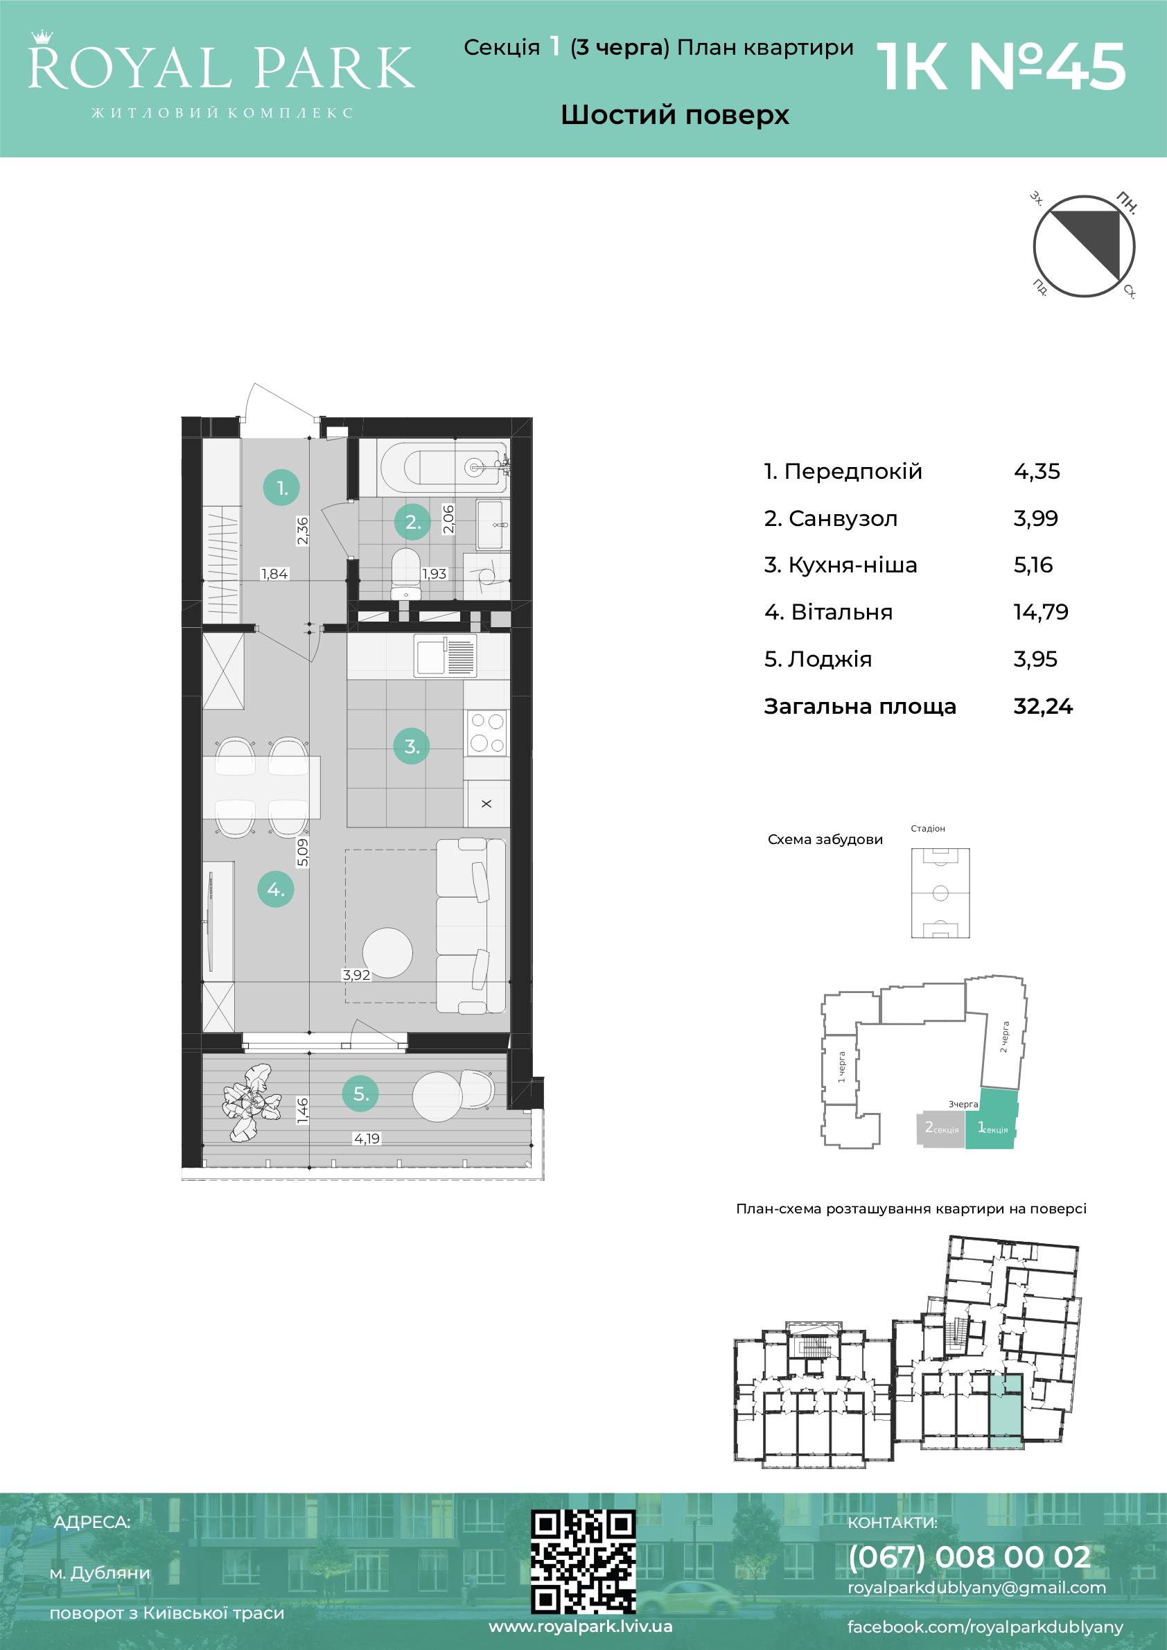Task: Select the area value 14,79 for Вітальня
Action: click(x=1040, y=613)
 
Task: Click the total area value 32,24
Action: click(x=1043, y=706)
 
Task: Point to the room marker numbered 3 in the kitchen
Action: click(x=412, y=746)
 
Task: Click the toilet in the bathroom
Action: click(x=406, y=574)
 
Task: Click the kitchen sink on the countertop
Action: click(x=445, y=656)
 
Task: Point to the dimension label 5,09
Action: click(x=303, y=852)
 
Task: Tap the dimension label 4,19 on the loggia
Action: click(x=367, y=1139)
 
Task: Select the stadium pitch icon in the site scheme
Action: click(x=940, y=893)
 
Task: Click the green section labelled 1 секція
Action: click(x=992, y=1121)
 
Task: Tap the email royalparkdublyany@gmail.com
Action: click(x=976, y=1588)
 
